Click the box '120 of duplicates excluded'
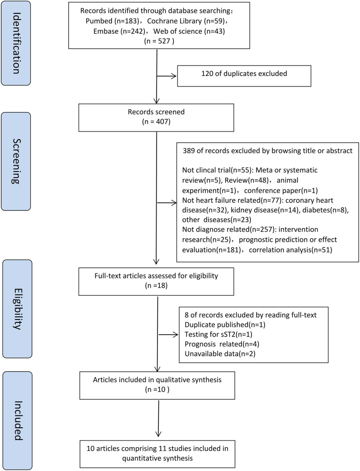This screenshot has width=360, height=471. (244, 75)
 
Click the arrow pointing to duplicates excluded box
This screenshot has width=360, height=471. (166, 75)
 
